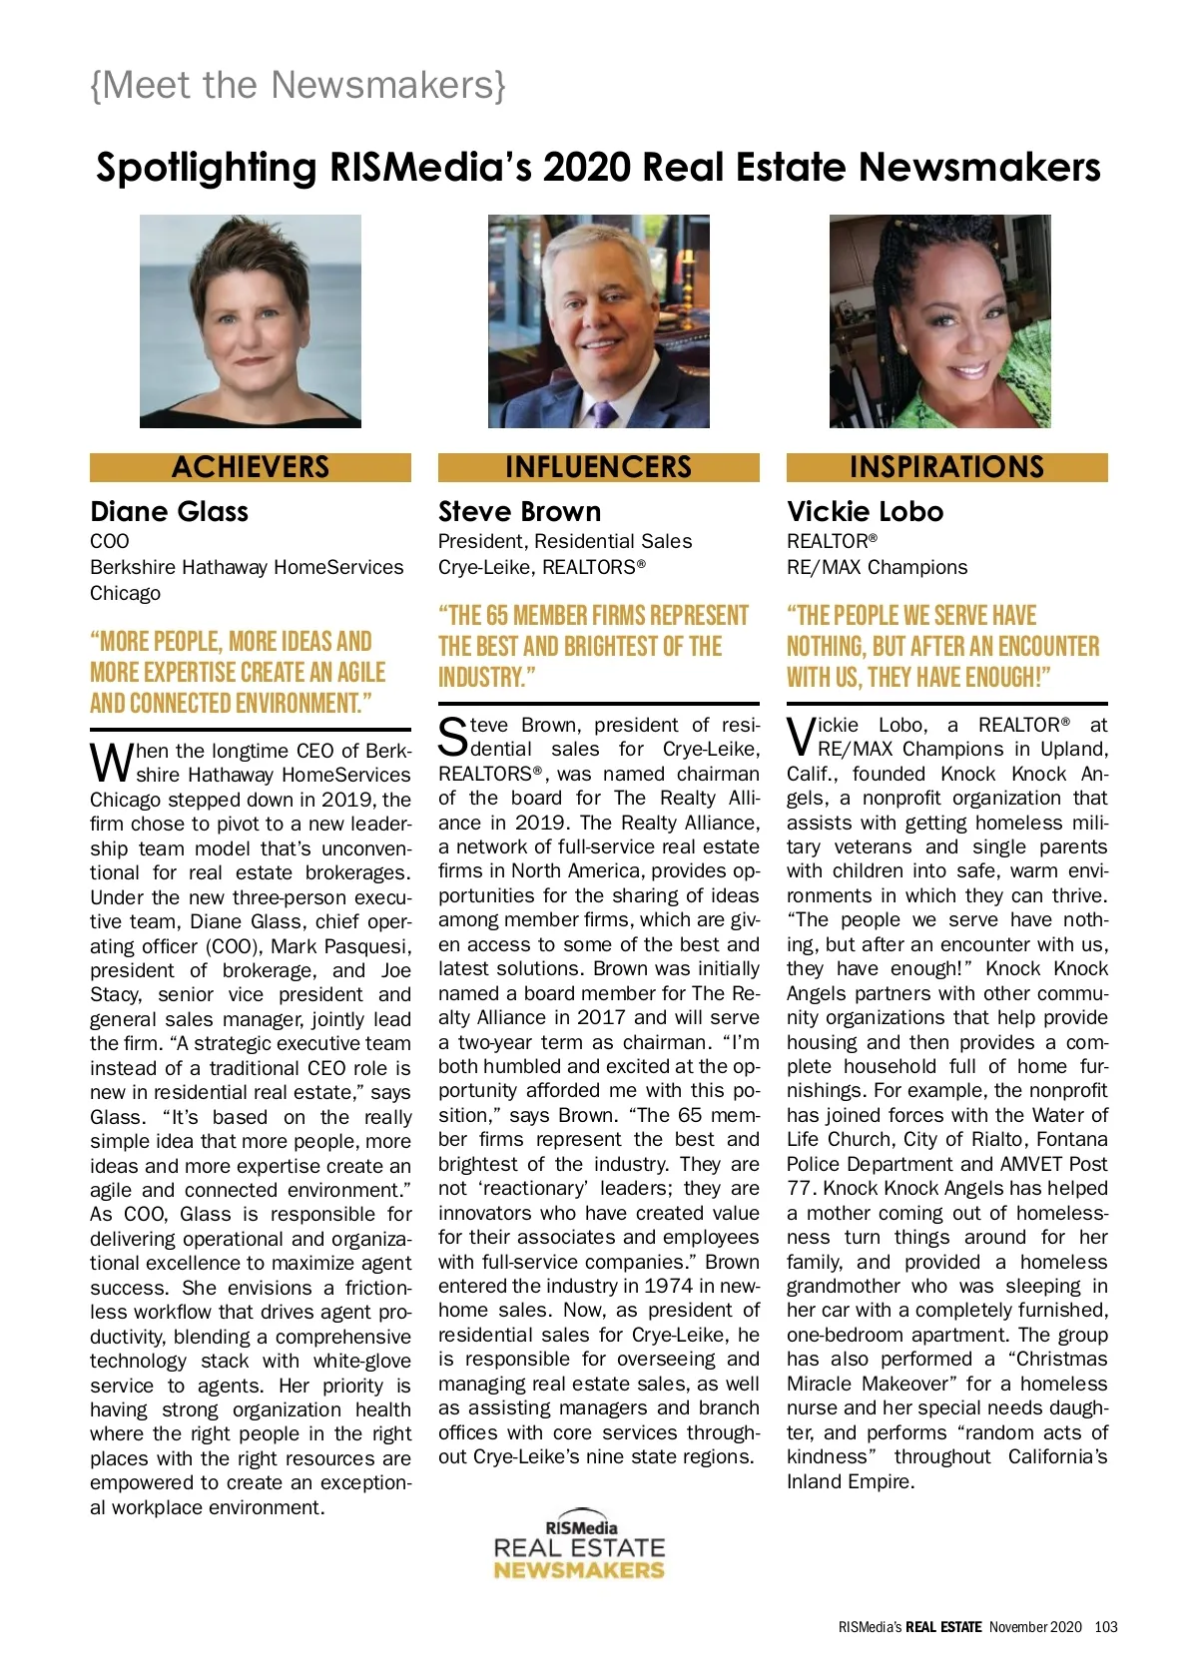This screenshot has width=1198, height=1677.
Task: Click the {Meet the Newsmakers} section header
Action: [298, 86]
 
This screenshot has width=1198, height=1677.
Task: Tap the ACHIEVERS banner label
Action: [251, 467]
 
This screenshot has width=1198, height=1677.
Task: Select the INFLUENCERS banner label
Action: [598, 467]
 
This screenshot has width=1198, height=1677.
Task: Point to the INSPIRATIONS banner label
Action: [946, 467]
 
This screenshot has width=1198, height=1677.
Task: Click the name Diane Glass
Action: [169, 512]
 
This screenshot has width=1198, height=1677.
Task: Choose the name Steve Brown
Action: [519, 512]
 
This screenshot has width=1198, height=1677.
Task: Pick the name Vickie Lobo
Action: [865, 512]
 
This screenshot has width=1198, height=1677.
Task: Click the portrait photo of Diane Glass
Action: [251, 321]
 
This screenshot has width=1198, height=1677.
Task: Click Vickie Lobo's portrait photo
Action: [940, 321]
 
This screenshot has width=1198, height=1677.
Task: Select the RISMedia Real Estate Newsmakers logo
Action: [579, 1545]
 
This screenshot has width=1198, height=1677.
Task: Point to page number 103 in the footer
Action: [1106, 1627]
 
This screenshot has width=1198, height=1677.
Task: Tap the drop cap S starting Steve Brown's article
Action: [453, 737]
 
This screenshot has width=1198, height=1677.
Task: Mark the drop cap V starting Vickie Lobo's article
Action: [801, 737]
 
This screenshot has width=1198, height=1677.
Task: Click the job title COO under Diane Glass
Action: [110, 542]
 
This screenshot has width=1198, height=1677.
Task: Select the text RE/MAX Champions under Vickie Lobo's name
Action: [877, 568]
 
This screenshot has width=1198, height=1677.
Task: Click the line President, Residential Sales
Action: [565, 542]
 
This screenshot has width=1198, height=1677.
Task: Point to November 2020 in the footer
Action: [1035, 1627]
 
